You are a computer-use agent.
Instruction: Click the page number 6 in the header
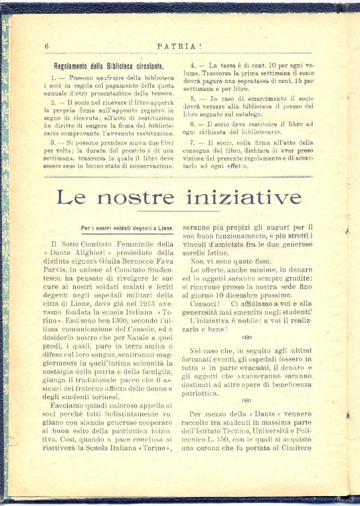46,46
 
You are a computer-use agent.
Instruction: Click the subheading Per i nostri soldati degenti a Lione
127,228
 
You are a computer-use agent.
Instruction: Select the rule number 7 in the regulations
194,143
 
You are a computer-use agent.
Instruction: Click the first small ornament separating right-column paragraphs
246,337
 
